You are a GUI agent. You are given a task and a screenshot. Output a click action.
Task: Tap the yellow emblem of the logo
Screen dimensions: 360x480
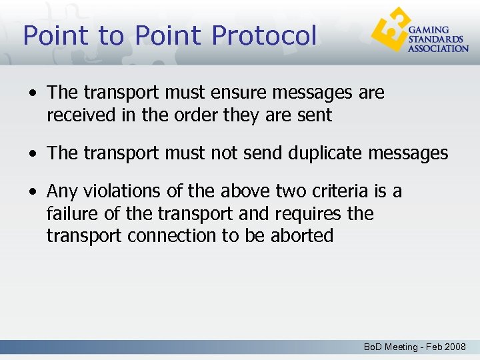(x=389, y=30)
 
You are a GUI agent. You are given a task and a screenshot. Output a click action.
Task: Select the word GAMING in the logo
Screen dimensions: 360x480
(x=428, y=30)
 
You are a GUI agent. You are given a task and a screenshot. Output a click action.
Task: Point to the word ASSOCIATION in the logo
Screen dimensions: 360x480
(x=438, y=49)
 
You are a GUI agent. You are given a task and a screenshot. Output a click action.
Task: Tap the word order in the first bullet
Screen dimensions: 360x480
(x=199, y=115)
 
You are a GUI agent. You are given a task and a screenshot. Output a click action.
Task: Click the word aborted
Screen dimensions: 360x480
(x=302, y=236)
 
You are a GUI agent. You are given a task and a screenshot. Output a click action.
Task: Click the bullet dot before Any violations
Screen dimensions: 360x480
(x=32, y=193)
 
